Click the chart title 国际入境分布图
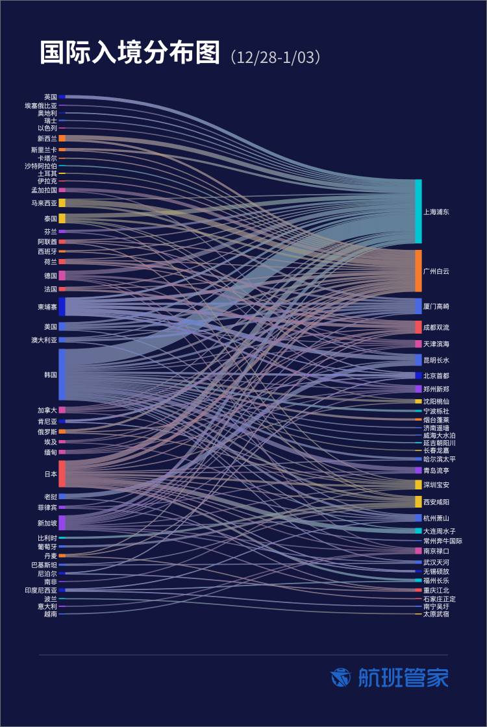click(130, 54)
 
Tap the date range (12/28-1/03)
click(275, 57)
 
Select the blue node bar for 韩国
click(62, 375)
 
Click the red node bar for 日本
click(62, 474)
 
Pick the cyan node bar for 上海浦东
click(418, 212)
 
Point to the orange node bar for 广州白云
click(418, 271)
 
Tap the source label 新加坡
click(47, 523)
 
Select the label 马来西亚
click(44, 203)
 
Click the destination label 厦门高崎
click(436, 306)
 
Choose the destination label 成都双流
click(436, 327)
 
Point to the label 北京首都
click(436, 375)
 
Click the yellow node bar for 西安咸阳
click(418, 502)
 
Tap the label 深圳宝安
click(436, 485)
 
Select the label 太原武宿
click(436, 613)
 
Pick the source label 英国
click(51, 97)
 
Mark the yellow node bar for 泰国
click(62, 219)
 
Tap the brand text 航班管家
click(403, 678)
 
